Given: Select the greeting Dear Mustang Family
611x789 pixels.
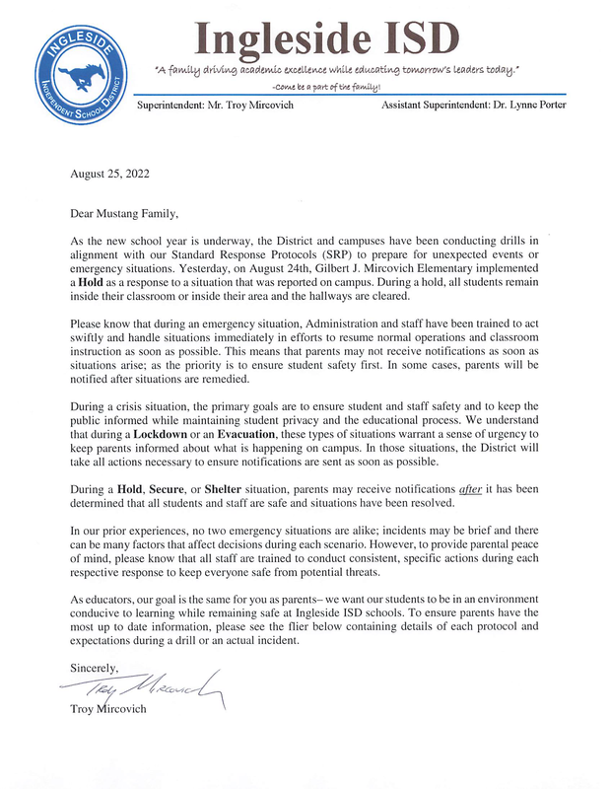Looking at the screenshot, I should point(126,212).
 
